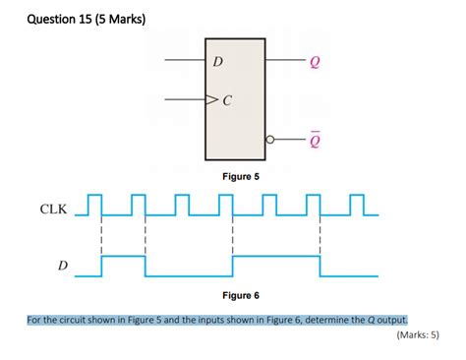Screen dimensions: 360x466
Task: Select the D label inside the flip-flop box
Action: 218,63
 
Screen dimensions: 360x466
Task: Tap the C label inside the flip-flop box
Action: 227,99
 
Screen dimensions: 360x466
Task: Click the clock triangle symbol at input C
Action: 210,99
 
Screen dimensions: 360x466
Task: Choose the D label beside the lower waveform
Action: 63,266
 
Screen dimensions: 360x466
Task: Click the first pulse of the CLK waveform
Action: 94,204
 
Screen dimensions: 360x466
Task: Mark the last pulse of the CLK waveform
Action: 357,204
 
